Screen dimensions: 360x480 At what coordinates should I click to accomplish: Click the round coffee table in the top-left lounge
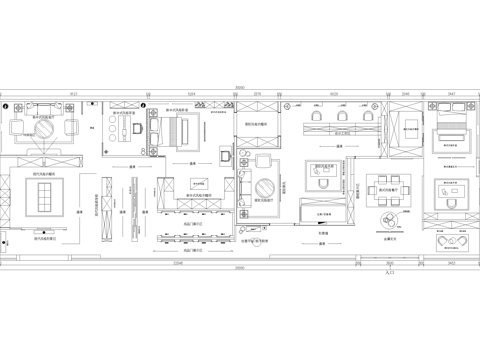[45, 128]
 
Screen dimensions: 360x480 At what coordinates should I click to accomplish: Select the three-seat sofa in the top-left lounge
[46, 111]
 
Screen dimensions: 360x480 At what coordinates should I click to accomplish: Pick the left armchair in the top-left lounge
[19, 128]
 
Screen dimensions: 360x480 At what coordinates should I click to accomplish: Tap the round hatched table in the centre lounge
[266, 189]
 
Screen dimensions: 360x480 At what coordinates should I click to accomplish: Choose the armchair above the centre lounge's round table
[264, 161]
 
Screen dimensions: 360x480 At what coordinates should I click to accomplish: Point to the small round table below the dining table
[385, 222]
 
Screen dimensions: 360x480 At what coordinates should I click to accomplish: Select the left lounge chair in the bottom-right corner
[444, 241]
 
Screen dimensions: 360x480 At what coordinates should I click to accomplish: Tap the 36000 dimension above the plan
[240, 88]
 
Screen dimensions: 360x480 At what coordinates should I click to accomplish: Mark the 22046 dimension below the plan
[178, 263]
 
